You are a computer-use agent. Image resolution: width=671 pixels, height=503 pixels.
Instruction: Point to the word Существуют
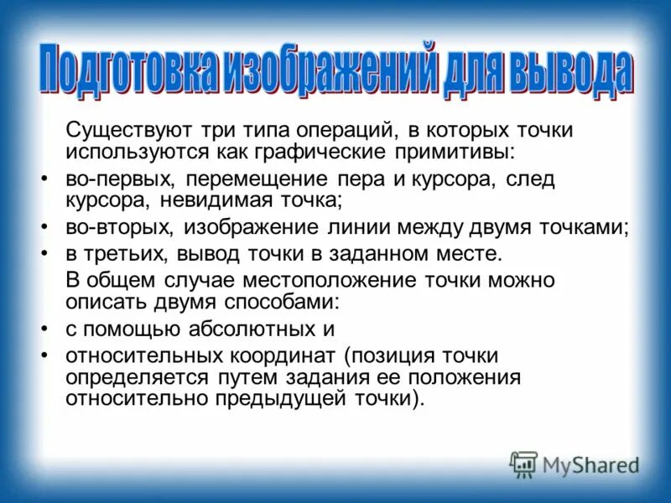tap(131, 131)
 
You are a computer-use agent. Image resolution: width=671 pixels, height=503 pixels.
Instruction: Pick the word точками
tap(586, 228)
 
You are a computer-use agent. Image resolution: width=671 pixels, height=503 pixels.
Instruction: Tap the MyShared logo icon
tap(523, 464)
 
